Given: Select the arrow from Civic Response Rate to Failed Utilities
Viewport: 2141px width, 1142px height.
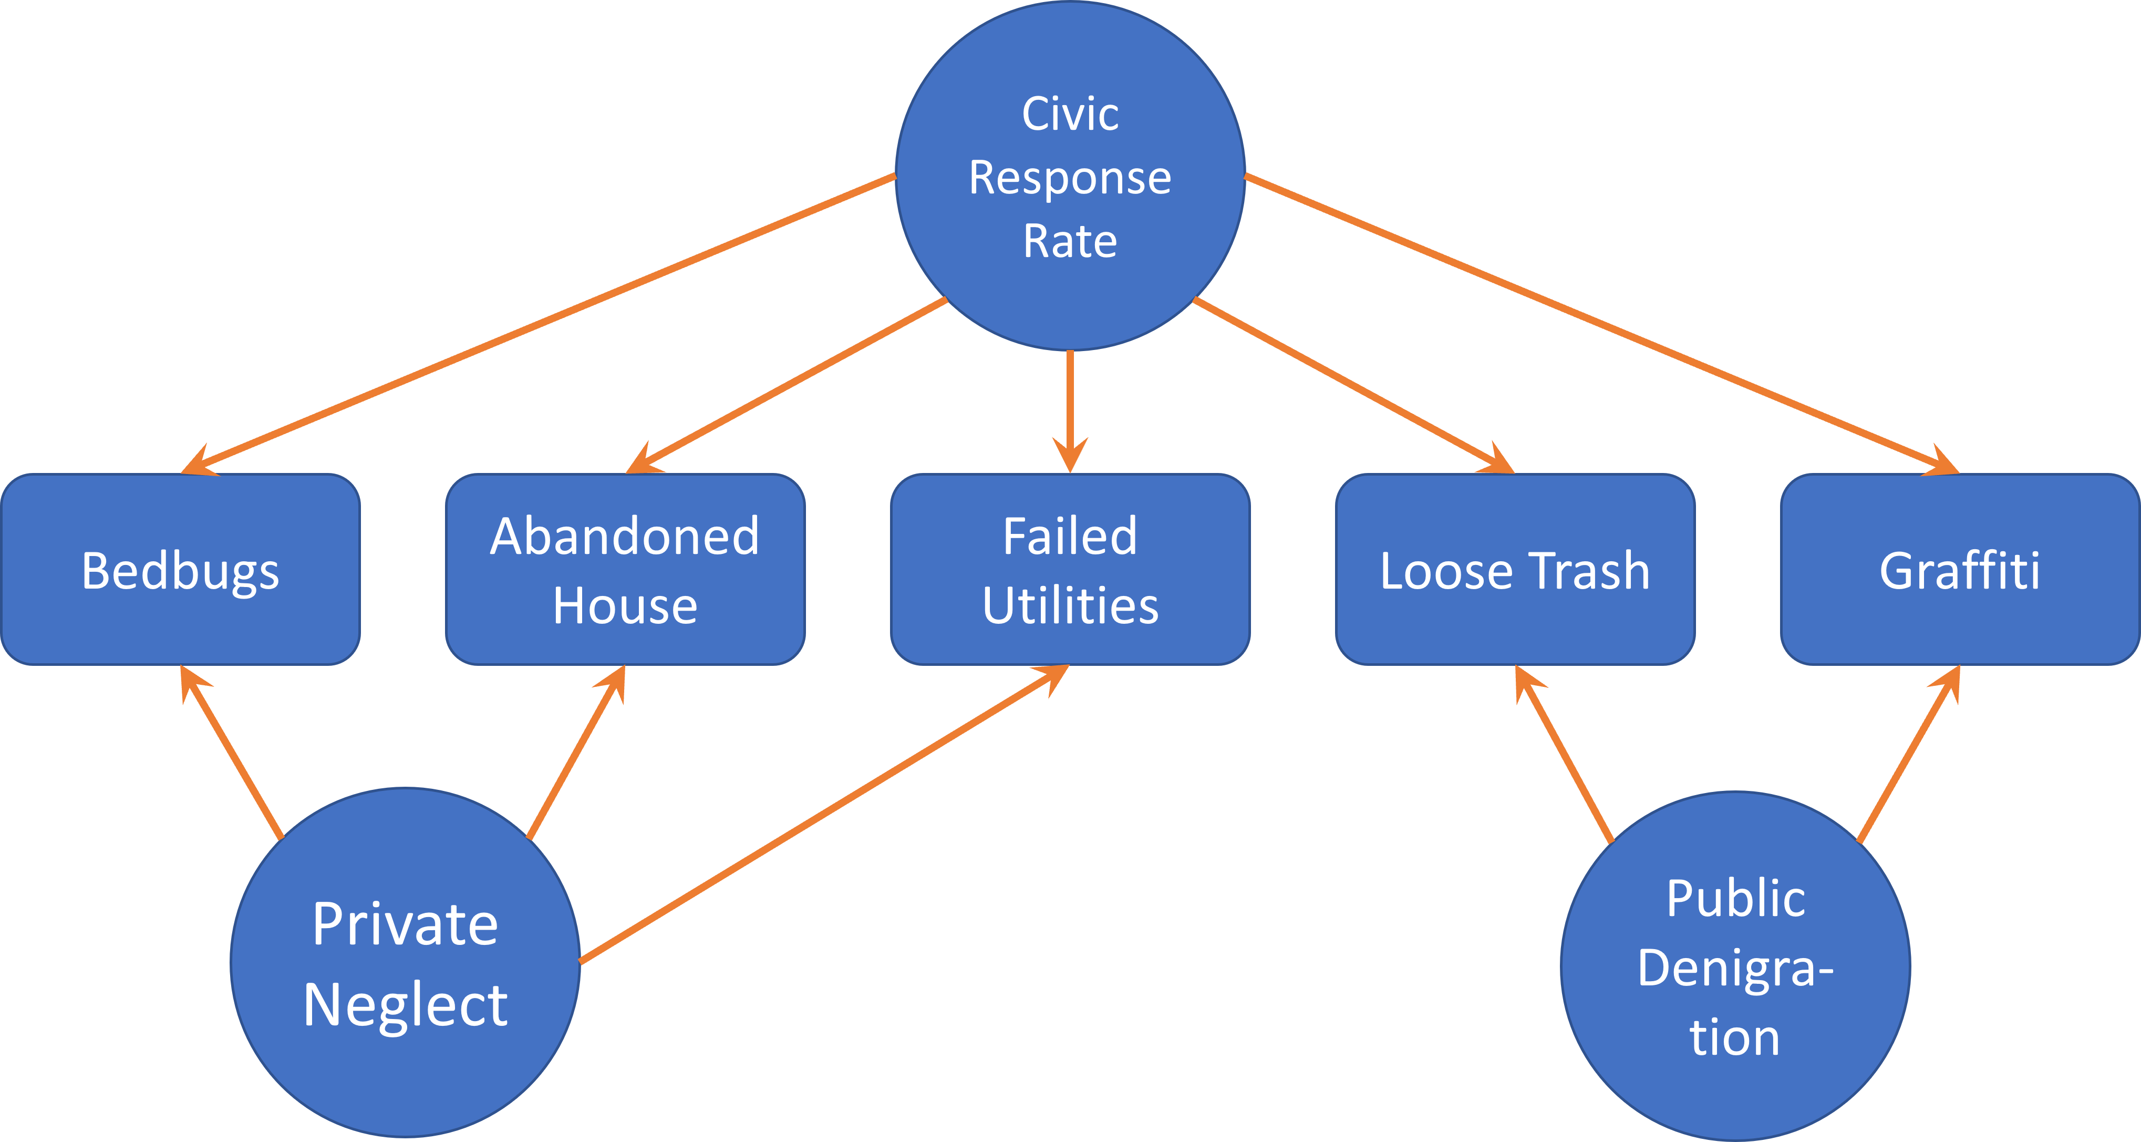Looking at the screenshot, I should click(x=1070, y=407).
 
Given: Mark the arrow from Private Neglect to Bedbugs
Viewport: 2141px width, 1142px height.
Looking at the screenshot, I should click(x=233, y=752).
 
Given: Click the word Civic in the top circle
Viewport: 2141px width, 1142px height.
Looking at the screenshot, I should click(x=1070, y=114).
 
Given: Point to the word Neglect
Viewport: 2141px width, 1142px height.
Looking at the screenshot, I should click(x=405, y=1006).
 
